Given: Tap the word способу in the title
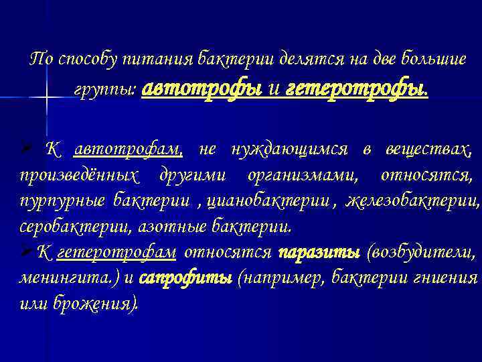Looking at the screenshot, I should click(86, 58).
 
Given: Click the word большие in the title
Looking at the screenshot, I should click(430, 58).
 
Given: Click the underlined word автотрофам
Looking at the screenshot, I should click(128, 149).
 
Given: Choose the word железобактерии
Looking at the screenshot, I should click(413, 200).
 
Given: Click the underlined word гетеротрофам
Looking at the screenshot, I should click(117, 253).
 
